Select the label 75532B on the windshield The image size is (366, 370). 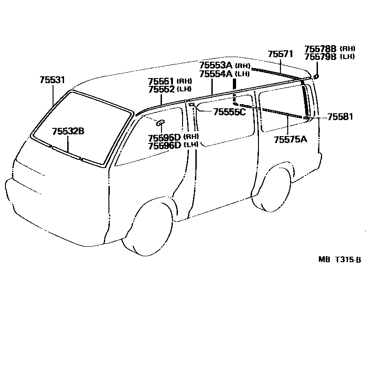tap(68, 132)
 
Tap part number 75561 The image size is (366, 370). tap(161, 82)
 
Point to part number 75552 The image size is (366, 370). tap(161, 89)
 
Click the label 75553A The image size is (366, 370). tap(216, 65)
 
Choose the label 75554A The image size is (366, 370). tap(216, 73)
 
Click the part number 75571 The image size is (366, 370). tap(280, 54)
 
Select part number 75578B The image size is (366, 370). tap(320, 49)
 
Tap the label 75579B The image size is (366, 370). tap(320, 56)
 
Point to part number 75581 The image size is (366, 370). tap(340, 117)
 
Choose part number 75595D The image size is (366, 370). tap(165, 137)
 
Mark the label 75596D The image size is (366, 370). tap(165, 145)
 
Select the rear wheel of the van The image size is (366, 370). tap(273, 187)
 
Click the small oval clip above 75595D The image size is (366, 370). tap(161, 122)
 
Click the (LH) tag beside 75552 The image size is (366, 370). tap(184, 89)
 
